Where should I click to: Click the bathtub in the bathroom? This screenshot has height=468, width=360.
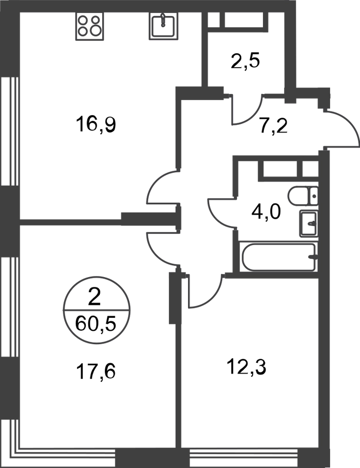[278, 257]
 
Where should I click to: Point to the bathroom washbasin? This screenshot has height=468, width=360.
[309, 223]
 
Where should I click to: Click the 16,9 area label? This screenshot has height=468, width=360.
[96, 124]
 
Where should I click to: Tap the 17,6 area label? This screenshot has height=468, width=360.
[96, 372]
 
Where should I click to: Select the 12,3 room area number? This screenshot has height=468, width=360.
[247, 367]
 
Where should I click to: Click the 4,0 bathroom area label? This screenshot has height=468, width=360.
[266, 213]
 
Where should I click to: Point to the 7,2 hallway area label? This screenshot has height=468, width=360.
[273, 126]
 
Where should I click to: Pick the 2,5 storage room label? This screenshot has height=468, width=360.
[245, 61]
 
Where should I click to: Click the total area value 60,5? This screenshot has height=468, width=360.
[96, 324]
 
